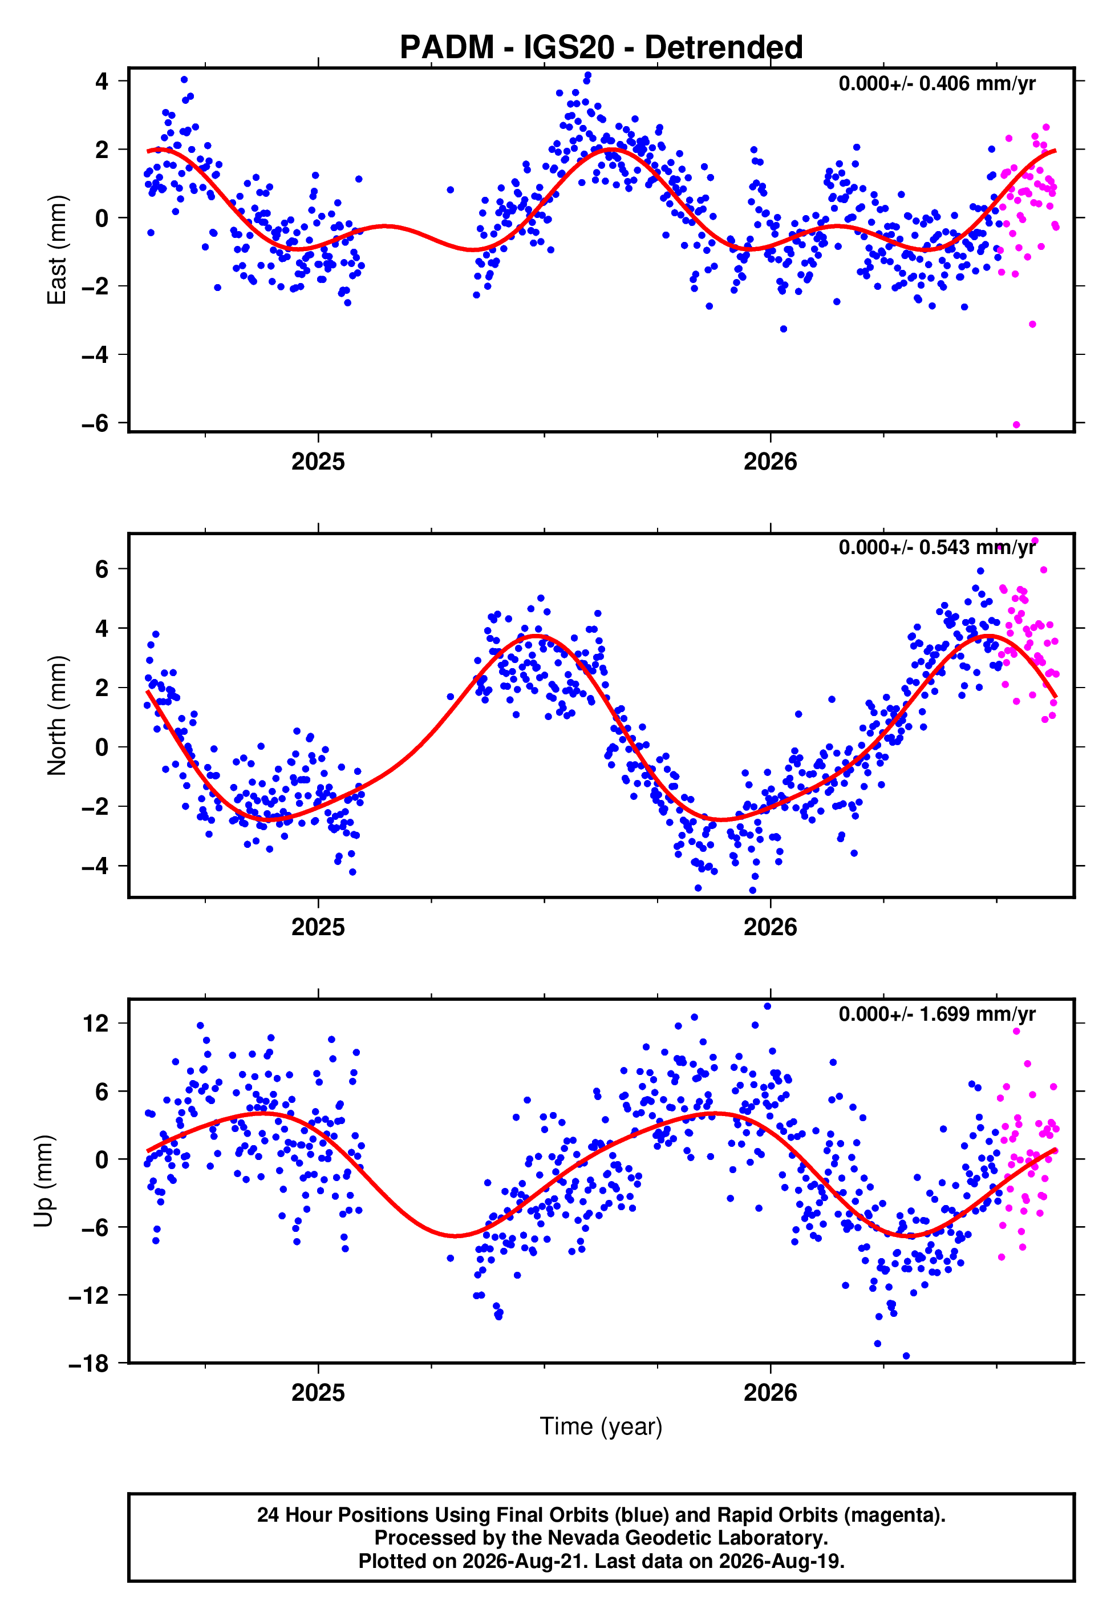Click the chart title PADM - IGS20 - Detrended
[x=601, y=47]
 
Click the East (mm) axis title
[x=57, y=250]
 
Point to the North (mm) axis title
[x=57, y=715]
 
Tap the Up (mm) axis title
[x=43, y=1182]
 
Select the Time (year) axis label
[x=601, y=1427]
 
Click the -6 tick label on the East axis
[x=95, y=423]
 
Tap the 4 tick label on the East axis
[x=102, y=82]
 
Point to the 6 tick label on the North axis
[x=102, y=569]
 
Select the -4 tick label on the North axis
[x=95, y=867]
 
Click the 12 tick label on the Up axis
[x=95, y=1024]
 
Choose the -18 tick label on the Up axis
[x=89, y=1364]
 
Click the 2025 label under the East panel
[x=318, y=462]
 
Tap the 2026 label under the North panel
[x=771, y=927]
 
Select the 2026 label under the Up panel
[x=771, y=1393]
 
